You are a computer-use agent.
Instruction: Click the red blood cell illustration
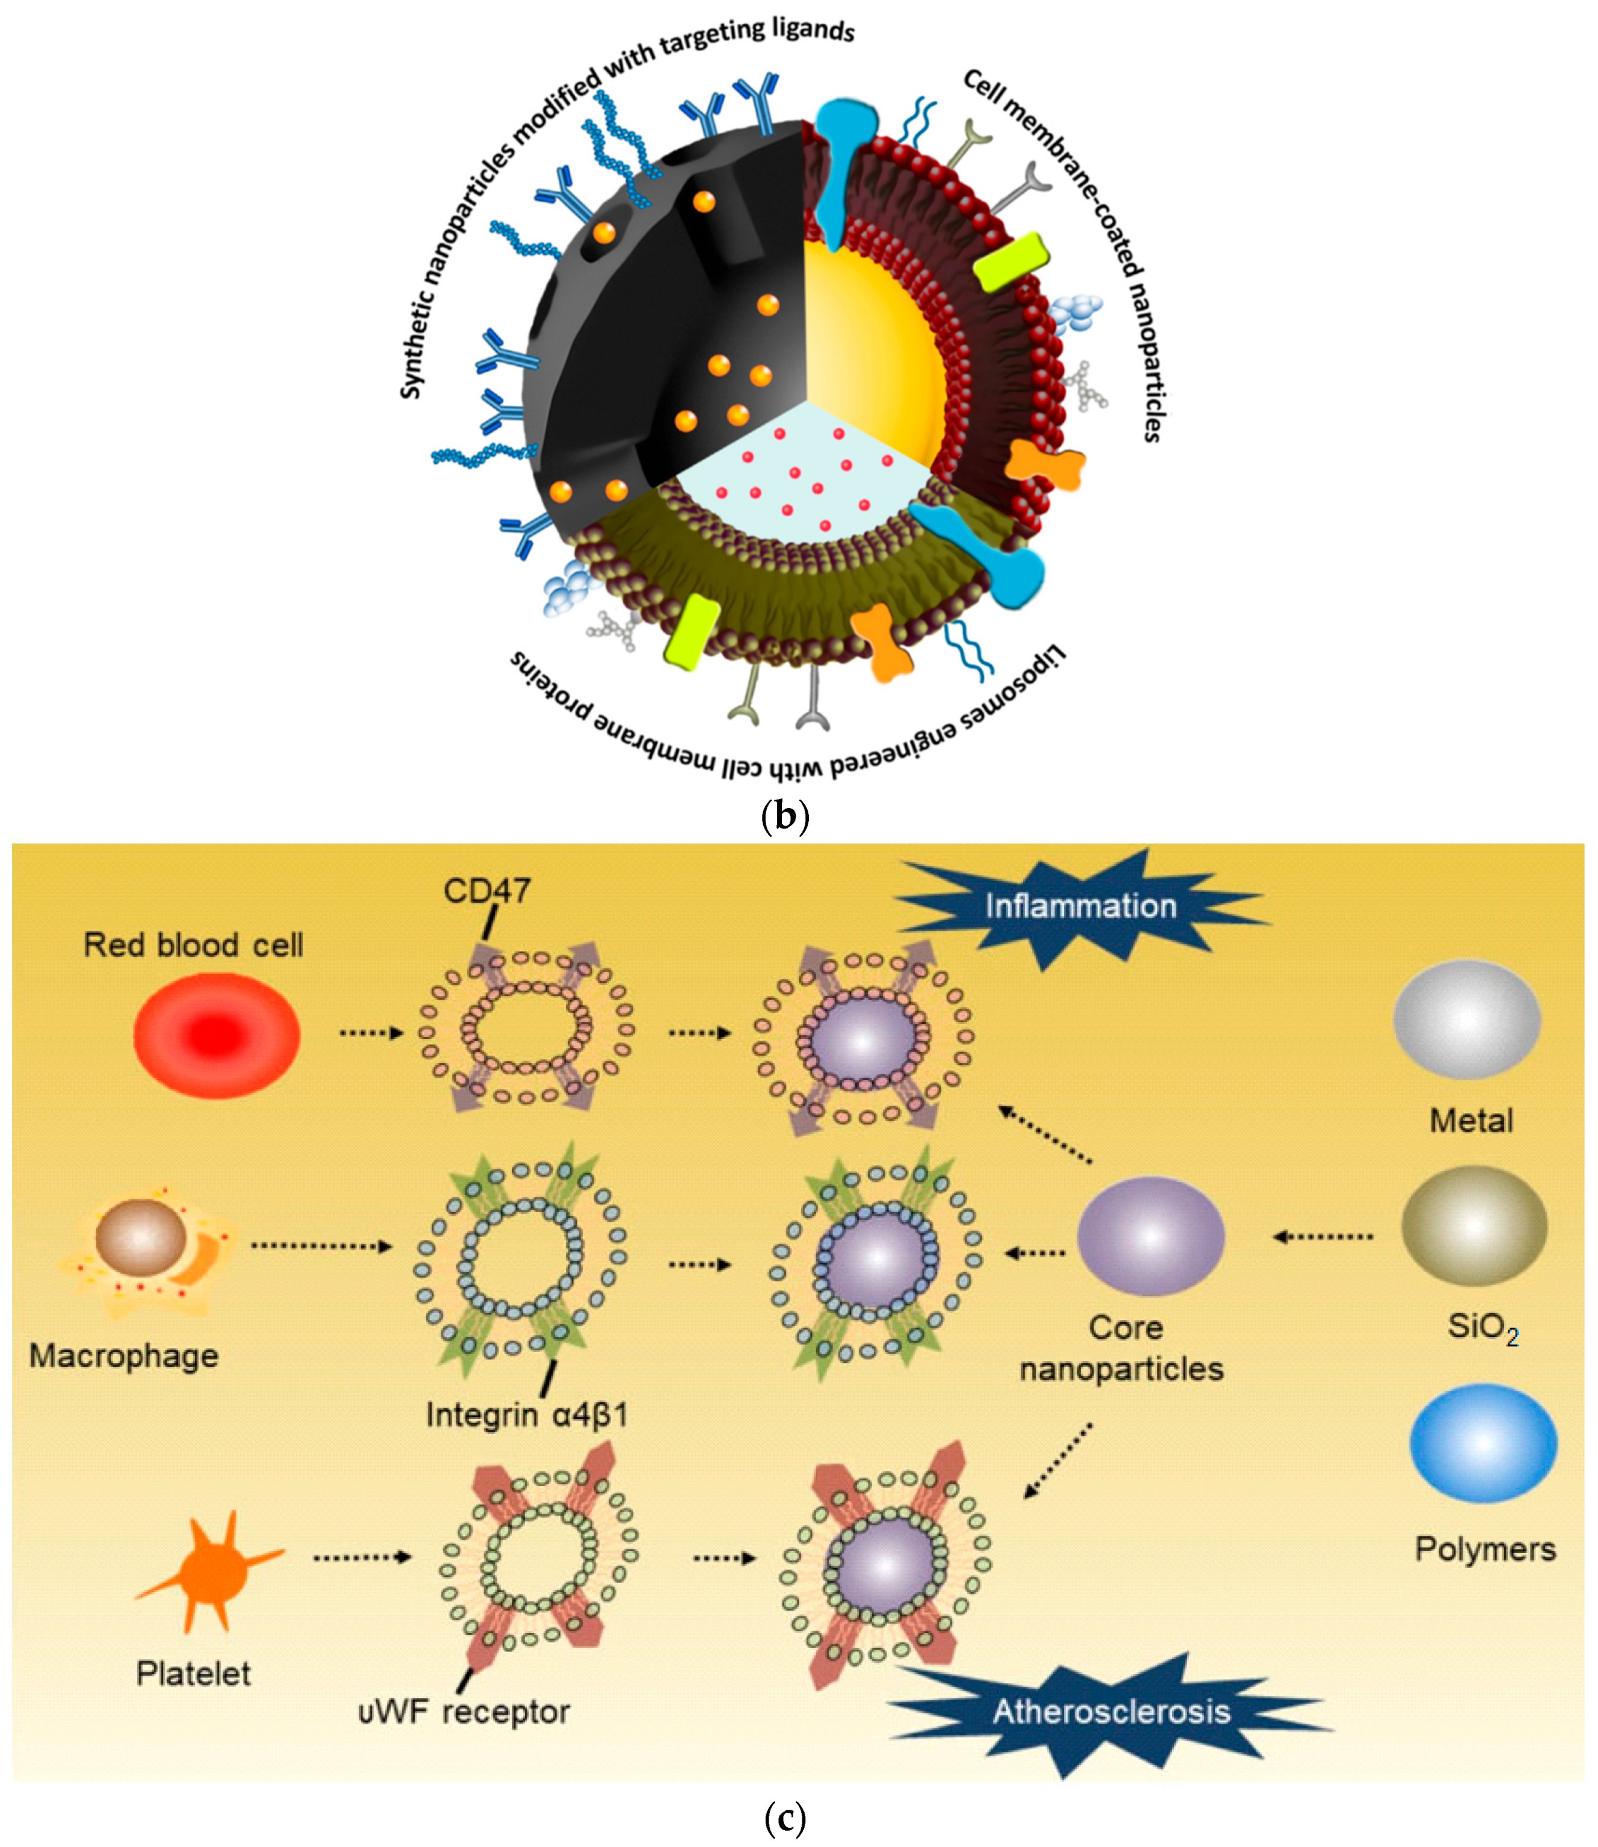pyautogui.click(x=217, y=1034)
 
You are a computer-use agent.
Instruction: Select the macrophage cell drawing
pyautogui.click(x=147, y=1252)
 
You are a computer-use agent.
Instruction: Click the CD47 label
pyautogui.click(x=487, y=890)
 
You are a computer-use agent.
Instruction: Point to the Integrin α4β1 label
pyautogui.click(x=526, y=1415)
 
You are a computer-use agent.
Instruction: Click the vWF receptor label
pyautogui.click(x=464, y=1712)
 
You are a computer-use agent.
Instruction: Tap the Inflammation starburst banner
pyautogui.click(x=1081, y=907)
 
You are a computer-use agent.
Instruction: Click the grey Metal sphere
pyautogui.click(x=1467, y=1019)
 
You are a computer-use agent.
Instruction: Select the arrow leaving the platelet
pyautogui.click(x=361, y=1557)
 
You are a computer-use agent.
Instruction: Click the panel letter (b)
pyautogui.click(x=785, y=816)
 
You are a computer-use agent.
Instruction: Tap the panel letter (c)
pyautogui.click(x=785, y=1819)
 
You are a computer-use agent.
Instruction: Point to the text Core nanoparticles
pyautogui.click(x=1122, y=1349)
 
